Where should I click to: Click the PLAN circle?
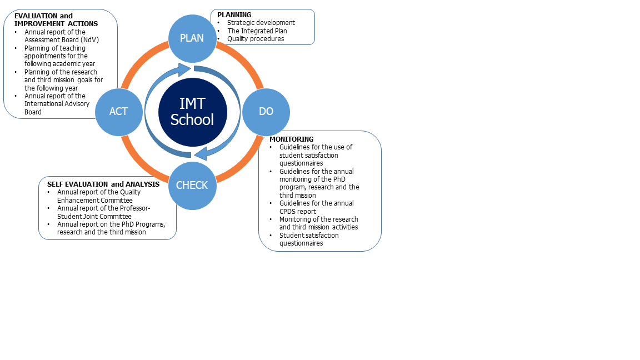[x=192, y=38]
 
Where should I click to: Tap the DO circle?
[x=266, y=112]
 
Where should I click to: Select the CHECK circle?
[x=192, y=186]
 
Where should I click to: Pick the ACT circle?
[x=119, y=112]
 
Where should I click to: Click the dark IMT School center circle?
[x=192, y=112]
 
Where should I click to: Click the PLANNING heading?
[x=234, y=14]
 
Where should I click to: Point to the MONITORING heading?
[x=292, y=139]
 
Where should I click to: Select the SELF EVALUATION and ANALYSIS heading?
[x=103, y=184]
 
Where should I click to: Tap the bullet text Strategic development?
[x=261, y=23]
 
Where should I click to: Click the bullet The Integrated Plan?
[x=257, y=31]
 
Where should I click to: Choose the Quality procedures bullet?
[x=256, y=39]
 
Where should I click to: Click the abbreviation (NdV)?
[x=90, y=40]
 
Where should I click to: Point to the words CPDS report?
[x=298, y=212]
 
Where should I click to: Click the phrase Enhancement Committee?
[x=94, y=201]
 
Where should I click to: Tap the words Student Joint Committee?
[x=94, y=216]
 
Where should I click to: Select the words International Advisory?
[x=57, y=104]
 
